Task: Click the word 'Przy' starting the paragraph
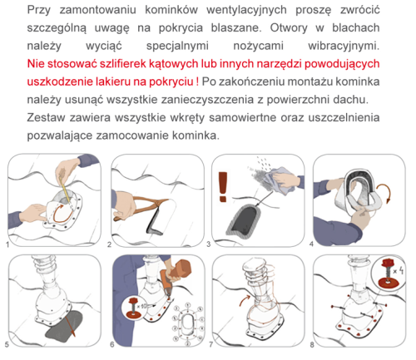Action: coord(40,8)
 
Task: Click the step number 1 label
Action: coord(7,245)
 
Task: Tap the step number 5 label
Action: coord(7,343)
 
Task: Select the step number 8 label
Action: coord(313,343)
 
